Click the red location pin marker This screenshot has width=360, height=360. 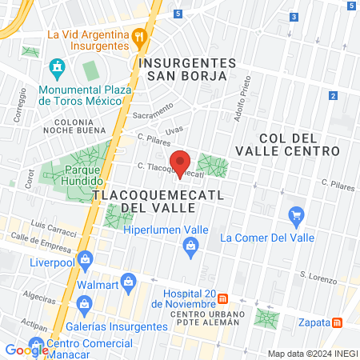click(181, 163)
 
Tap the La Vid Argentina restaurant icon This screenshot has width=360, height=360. click(140, 35)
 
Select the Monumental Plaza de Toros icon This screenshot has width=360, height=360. click(57, 66)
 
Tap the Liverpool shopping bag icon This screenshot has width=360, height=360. click(86, 258)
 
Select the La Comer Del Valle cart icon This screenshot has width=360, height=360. click(297, 214)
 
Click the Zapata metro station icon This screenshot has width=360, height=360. click(338, 322)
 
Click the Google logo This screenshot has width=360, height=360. click(26, 350)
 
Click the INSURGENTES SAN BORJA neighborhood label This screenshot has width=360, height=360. click(187, 70)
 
